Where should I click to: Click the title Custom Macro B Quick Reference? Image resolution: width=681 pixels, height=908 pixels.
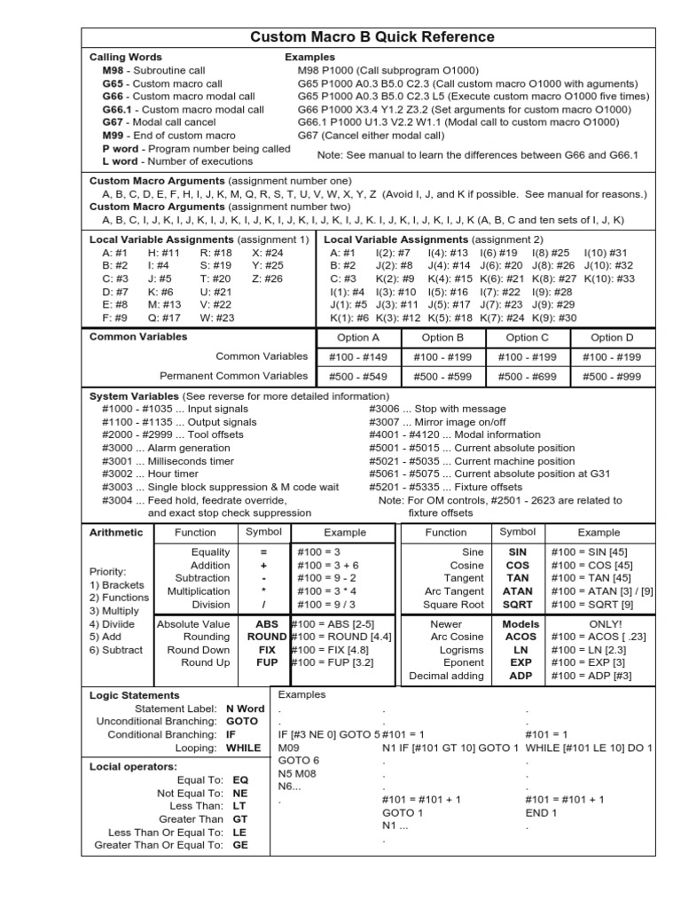(x=372, y=36)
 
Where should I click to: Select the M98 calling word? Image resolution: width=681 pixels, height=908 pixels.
(x=113, y=70)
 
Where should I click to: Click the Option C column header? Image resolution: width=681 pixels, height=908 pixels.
(x=527, y=337)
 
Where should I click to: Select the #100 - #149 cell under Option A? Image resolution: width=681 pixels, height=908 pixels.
(x=359, y=356)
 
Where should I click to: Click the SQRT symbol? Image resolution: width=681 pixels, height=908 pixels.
(x=517, y=605)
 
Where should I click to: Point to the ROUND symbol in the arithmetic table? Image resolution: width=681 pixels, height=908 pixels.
(x=266, y=637)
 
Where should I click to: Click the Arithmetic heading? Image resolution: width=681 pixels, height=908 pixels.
(x=115, y=532)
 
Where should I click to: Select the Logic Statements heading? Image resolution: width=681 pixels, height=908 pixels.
(x=134, y=695)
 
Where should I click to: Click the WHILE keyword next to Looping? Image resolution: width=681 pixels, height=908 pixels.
(x=243, y=748)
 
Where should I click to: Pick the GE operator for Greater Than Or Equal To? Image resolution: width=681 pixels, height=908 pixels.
(x=239, y=845)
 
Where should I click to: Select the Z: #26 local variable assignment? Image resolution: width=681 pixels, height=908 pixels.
(x=267, y=278)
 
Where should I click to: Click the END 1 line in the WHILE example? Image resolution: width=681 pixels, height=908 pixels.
(x=541, y=812)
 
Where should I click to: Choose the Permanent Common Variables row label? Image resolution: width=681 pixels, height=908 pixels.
(x=234, y=375)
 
